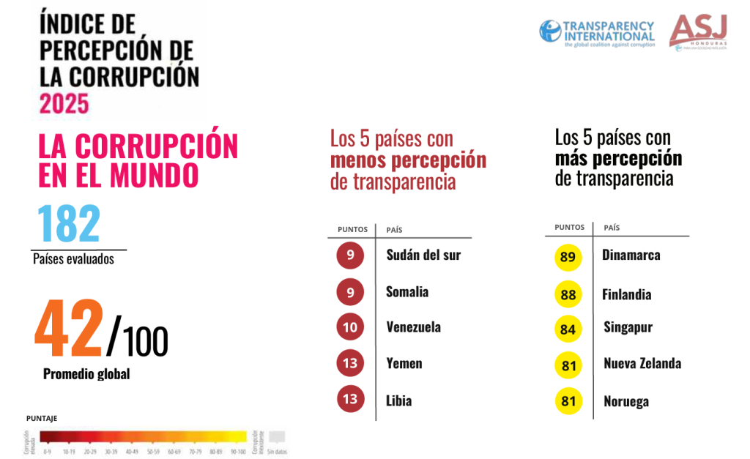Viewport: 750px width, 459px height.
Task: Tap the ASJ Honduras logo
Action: [698, 31]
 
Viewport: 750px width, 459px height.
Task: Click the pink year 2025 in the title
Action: [64, 102]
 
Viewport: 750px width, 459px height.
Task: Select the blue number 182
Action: [68, 224]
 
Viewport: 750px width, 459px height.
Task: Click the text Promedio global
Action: [86, 374]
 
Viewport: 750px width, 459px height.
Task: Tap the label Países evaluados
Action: [73, 258]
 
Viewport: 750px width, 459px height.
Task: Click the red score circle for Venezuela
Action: [350, 326]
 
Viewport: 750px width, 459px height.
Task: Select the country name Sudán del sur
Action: [423, 255]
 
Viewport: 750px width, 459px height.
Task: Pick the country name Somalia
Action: [407, 291]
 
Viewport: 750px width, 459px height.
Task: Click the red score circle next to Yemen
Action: [350, 363]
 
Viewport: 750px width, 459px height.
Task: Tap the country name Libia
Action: [399, 400]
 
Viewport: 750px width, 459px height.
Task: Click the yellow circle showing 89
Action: [568, 258]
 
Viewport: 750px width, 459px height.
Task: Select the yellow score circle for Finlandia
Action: [568, 294]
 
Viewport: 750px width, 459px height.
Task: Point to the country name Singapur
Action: [628, 326]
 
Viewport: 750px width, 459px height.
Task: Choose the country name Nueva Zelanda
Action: [642, 363]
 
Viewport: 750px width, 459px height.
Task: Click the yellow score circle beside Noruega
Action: [568, 401]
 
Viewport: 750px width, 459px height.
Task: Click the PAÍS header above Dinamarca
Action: [612, 228]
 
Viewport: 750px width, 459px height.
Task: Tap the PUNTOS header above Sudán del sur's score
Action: [352, 230]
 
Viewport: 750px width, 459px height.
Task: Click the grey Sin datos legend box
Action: [276, 436]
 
